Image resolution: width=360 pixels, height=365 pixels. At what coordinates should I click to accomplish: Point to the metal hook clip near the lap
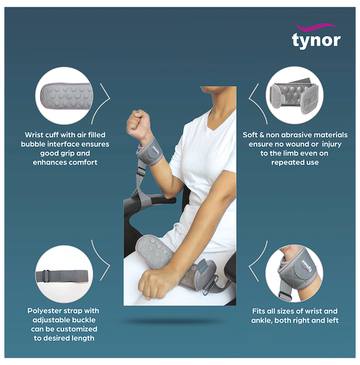click(x=210, y=285)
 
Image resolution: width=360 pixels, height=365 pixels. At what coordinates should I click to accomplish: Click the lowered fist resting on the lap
click(x=150, y=283)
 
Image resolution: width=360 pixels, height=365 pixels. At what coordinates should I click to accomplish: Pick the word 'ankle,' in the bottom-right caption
click(x=261, y=320)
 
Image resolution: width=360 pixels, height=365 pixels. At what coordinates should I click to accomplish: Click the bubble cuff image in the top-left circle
click(x=66, y=96)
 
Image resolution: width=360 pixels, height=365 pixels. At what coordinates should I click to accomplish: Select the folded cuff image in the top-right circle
click(x=294, y=95)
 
